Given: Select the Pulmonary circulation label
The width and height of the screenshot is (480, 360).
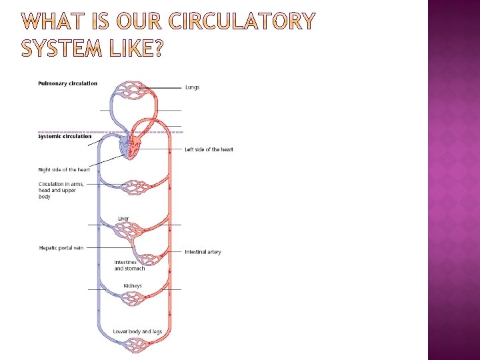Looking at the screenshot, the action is (68, 83).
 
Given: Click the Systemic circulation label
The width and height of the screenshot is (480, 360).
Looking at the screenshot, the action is (65, 137).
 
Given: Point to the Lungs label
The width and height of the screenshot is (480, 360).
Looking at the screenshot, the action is (192, 87).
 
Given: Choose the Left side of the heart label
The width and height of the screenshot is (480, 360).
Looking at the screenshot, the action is (209, 149).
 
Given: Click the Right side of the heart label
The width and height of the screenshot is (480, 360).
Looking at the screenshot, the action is (64, 170).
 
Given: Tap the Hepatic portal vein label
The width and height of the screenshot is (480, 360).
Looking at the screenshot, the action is (61, 248).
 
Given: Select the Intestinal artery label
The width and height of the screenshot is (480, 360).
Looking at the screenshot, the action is (203, 252).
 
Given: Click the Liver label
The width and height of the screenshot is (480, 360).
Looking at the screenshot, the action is (123, 219).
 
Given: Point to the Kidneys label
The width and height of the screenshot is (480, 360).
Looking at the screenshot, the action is (133, 286).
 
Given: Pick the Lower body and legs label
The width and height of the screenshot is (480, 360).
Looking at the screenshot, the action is (137, 331).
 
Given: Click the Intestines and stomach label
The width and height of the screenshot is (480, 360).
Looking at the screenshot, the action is (129, 265).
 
